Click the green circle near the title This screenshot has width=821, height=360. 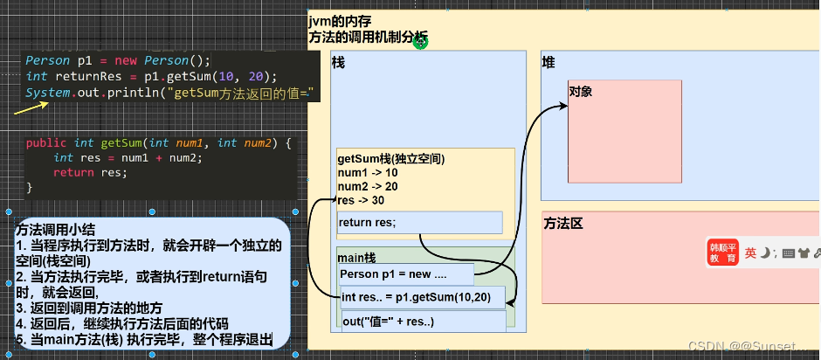pos(421,41)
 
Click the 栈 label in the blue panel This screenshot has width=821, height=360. pos(339,64)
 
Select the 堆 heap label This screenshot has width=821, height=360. pos(549,63)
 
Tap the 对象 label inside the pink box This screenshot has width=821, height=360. pos(582,91)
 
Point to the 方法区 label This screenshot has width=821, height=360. pos(562,223)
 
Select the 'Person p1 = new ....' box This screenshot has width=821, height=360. pos(406,274)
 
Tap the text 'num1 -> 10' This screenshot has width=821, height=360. pos(368,173)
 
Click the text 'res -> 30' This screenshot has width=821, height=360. pos(363,200)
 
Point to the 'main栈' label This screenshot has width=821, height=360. pos(357,257)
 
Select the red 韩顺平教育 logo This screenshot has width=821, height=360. pos(722,253)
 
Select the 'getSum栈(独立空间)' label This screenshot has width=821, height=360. pos(391,159)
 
